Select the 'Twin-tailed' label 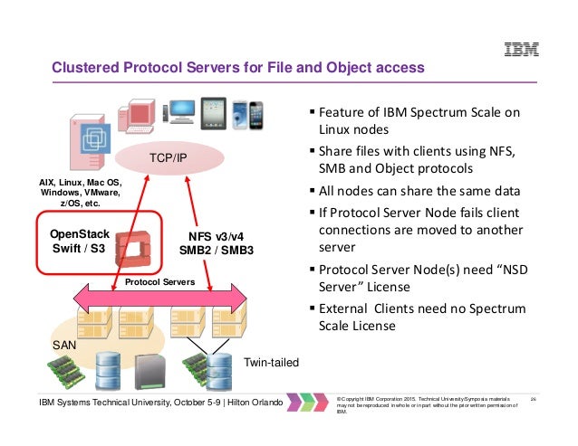[x=270, y=362]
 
